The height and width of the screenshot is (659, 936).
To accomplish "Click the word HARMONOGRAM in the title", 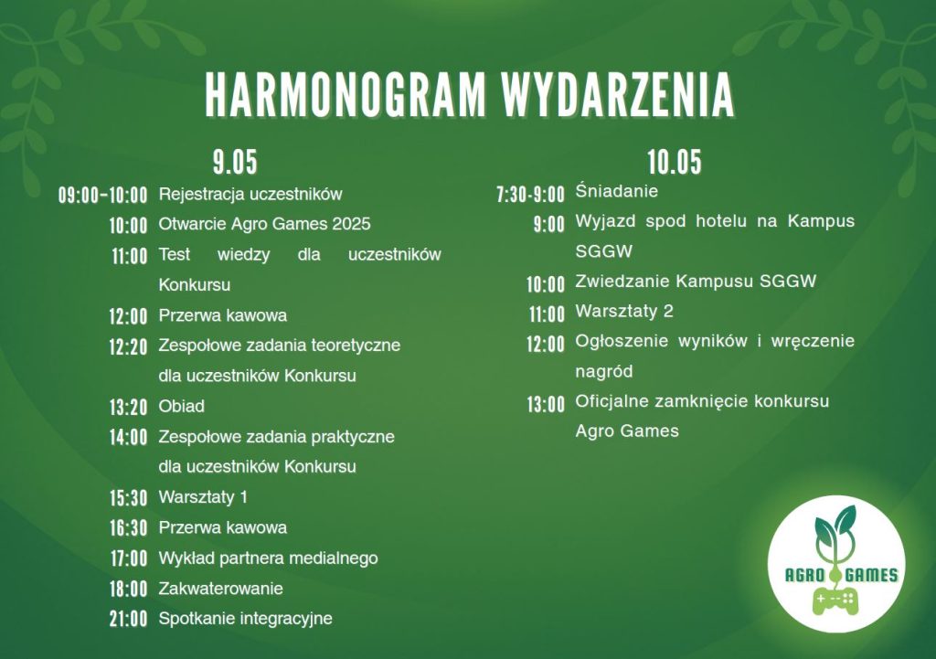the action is (346, 95).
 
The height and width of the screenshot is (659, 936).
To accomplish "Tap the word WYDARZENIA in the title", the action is (618, 95).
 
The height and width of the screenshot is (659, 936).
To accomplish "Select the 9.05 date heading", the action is (235, 162).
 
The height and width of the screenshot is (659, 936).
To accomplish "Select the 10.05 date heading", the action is (675, 162).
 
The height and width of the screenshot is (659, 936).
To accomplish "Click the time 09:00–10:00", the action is (102, 196).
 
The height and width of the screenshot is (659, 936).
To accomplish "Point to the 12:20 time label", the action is (128, 346).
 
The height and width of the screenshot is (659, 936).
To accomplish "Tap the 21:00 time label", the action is (128, 619).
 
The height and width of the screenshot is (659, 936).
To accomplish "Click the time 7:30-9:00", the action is (531, 195).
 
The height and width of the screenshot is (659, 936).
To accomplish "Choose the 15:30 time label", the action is (128, 498).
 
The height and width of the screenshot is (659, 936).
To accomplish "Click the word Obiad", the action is (182, 406).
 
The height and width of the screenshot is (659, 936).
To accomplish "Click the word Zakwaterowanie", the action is (221, 589).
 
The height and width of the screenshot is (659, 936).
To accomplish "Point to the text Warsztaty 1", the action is (203, 497).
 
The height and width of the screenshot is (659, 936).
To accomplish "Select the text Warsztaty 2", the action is (624, 311).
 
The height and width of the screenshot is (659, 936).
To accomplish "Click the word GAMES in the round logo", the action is (872, 575).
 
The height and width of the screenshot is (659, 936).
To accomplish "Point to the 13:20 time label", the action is (128, 407).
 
